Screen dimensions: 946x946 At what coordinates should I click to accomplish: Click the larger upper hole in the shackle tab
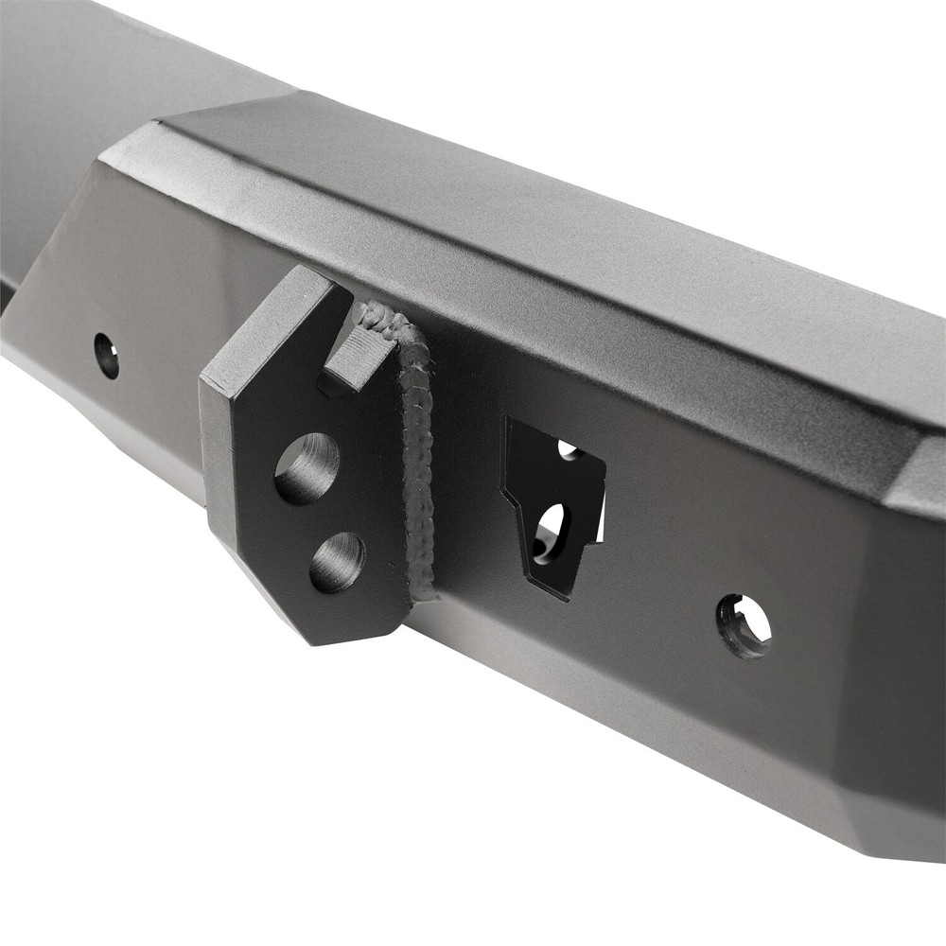click(x=306, y=468)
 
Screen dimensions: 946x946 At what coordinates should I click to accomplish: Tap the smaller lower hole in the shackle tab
click(x=337, y=562)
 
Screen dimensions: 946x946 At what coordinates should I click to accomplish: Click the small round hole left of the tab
click(x=107, y=356)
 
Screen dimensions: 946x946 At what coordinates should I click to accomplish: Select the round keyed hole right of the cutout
click(x=744, y=625)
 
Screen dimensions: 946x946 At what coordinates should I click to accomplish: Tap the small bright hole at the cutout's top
click(x=569, y=449)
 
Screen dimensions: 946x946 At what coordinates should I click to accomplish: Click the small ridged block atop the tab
click(x=360, y=355)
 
